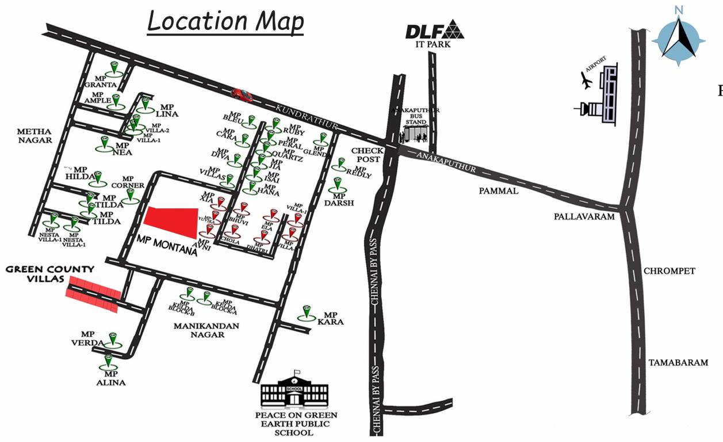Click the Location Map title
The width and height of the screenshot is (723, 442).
[225, 22]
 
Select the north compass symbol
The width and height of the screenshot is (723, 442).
[679, 37]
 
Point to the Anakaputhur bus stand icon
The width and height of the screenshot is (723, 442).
[415, 134]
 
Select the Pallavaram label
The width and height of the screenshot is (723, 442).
[584, 217]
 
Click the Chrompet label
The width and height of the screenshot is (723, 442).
[670, 271]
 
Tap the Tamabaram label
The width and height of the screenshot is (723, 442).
[678, 363]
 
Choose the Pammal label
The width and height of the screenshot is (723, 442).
[499, 190]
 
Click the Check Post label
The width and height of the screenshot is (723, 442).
[367, 155]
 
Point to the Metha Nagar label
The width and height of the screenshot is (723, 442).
[35, 135]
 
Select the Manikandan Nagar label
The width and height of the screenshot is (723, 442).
[207, 330]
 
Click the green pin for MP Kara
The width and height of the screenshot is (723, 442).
[307, 313]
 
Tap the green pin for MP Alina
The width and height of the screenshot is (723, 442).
[108, 362]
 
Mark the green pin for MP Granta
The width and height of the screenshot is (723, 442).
[115, 68]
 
